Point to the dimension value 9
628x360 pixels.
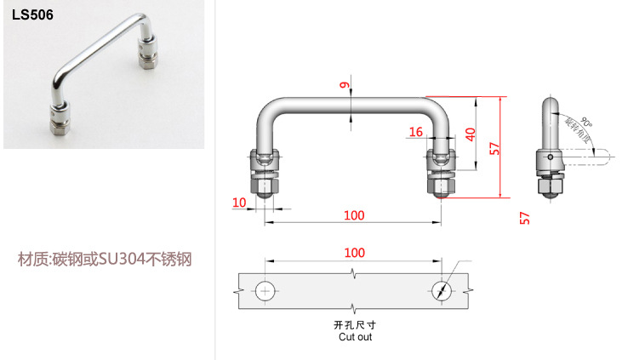344,85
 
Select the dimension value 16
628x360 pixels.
415,132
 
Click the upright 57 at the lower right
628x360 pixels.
524,220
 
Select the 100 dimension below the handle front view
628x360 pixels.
355,215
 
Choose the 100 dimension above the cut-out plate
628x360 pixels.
355,253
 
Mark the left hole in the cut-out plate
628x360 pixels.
265,289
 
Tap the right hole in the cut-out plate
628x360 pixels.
441,289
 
